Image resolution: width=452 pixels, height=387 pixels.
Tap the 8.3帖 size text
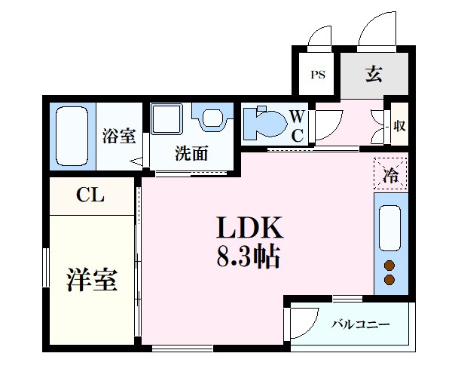(x=249, y=258)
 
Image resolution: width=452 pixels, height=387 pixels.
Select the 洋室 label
(x=91, y=280)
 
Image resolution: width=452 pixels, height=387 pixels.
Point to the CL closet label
(x=90, y=196)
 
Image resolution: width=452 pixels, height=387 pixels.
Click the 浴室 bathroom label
(x=118, y=137)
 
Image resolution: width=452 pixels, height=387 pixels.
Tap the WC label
(x=297, y=125)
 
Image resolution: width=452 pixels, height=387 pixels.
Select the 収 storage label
(x=399, y=125)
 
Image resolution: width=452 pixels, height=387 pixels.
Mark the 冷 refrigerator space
(x=391, y=176)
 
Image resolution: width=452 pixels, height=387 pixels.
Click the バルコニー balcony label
(x=361, y=324)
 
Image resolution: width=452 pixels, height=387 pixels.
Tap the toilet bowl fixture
(x=264, y=122)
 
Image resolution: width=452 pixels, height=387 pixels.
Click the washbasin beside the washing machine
(x=212, y=118)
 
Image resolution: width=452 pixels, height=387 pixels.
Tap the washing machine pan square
(x=168, y=121)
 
